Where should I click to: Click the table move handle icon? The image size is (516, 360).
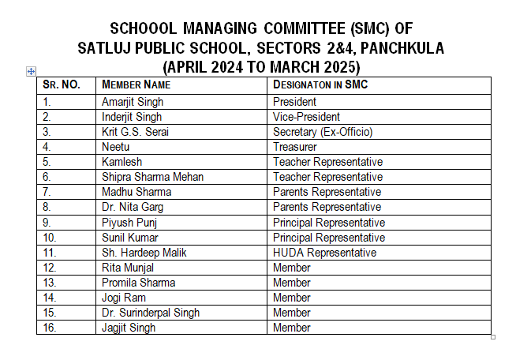32,71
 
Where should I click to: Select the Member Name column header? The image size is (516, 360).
136,84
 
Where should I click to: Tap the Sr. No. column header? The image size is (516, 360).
62,84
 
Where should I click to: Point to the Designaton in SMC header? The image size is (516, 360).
320,84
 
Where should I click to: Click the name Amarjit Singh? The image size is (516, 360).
133,102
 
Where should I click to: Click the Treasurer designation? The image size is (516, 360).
294,147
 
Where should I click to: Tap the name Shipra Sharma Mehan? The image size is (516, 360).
152,177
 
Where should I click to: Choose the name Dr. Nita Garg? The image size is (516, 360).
131,207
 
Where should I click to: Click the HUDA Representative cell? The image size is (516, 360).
324,253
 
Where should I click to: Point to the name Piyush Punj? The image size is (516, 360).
129,223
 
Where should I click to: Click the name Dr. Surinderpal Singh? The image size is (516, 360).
150,313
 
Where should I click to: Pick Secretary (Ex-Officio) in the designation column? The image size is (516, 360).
322,132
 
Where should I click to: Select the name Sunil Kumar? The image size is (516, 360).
130,238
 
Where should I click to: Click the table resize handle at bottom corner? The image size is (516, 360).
493,337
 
